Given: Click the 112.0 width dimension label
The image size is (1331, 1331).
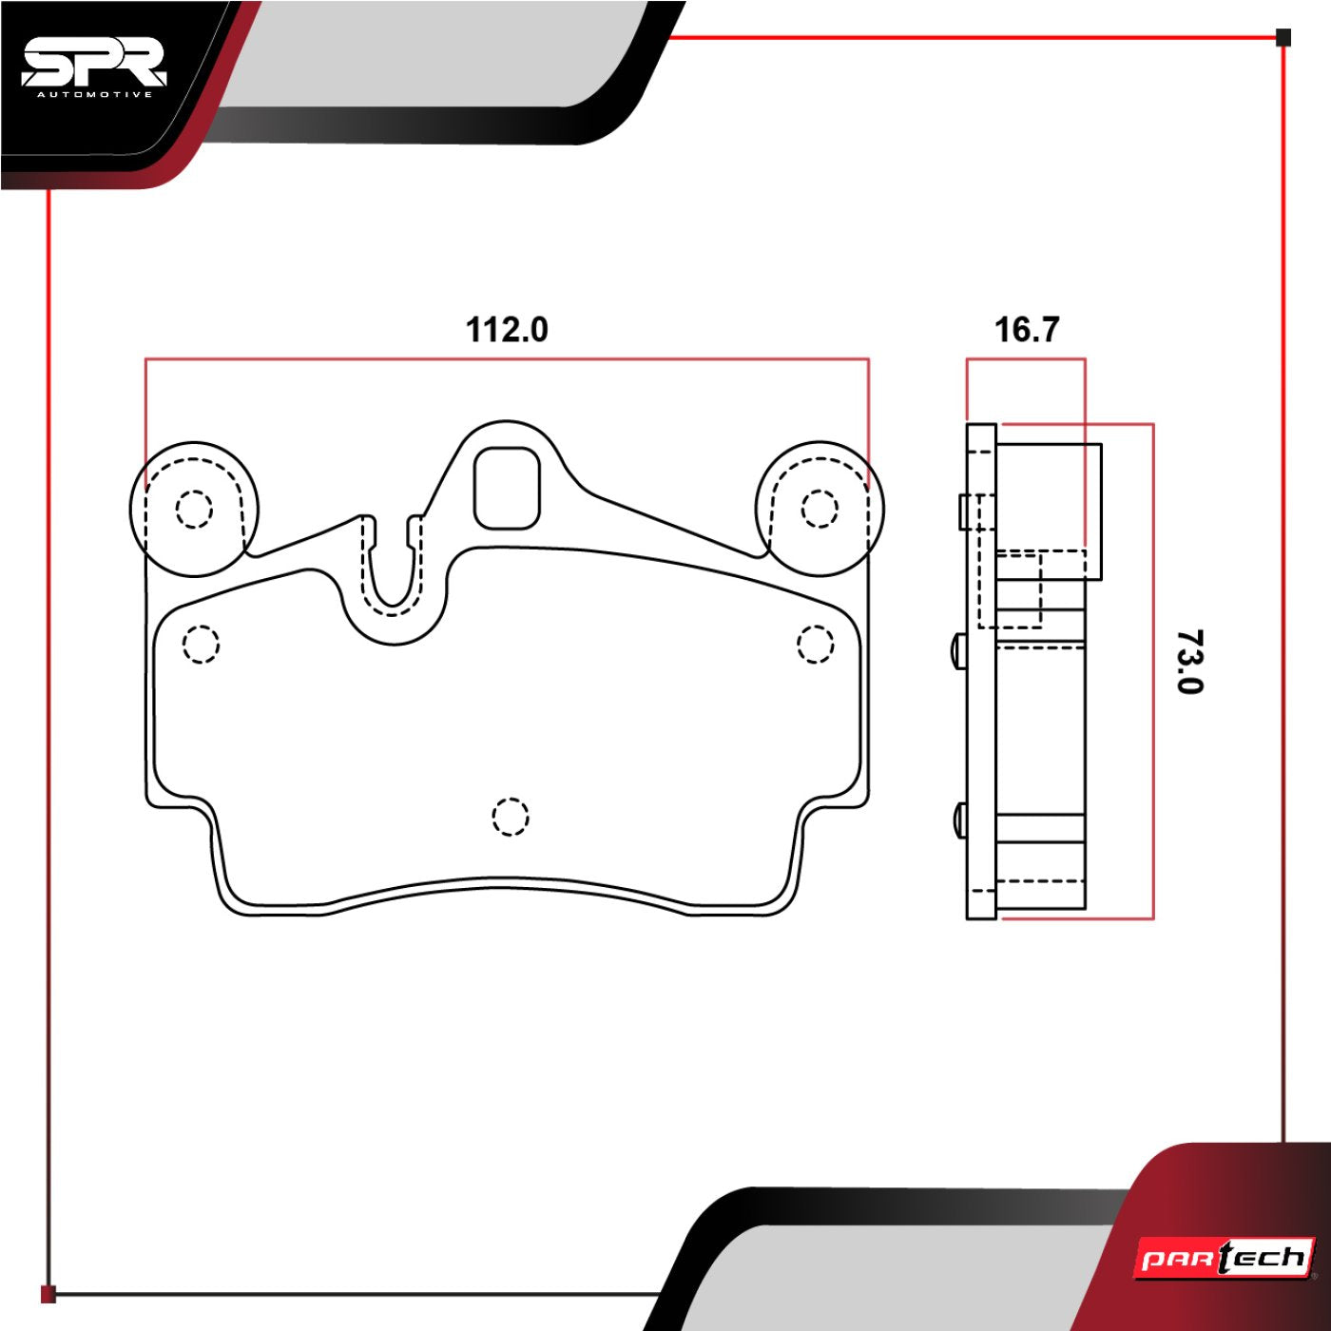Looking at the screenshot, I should tap(506, 330).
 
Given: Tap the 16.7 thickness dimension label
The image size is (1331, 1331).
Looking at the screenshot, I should tap(1026, 330).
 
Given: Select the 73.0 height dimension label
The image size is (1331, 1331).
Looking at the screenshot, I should tap(1187, 662).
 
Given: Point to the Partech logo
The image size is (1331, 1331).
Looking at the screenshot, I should tap(1225, 1259).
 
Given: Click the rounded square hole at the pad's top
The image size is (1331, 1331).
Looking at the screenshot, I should tap(507, 488).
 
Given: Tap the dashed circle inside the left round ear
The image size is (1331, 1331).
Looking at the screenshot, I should tap(194, 510).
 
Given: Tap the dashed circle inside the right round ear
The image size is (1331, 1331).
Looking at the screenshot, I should tap(819, 509).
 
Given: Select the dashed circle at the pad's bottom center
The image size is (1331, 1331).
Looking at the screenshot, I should tap(511, 816).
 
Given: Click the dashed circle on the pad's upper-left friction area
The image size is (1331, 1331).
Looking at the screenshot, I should tap(201, 645).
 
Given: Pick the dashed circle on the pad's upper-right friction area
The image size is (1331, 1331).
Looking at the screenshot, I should tap(815, 645).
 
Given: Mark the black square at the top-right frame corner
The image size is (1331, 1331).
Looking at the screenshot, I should tap(1283, 38).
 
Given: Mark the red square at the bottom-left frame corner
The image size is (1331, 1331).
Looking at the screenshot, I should tap(48, 1294).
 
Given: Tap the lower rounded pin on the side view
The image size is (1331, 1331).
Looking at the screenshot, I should tap(958, 820).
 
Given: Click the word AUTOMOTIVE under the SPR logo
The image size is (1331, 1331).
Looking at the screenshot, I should tap(93, 94).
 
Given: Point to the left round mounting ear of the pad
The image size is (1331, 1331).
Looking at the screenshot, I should tap(195, 509).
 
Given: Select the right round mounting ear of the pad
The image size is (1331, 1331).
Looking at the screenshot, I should tap(820, 509).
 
